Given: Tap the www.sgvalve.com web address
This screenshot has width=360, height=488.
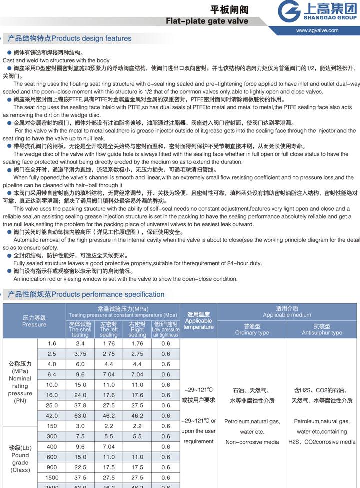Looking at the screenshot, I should [x=317, y=30].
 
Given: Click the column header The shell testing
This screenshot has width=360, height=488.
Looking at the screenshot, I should [x=80, y=330].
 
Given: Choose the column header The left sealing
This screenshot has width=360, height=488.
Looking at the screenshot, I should [x=108, y=330].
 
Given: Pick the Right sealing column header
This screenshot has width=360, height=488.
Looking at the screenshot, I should [x=137, y=330].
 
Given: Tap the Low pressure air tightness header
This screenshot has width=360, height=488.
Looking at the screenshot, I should [x=165, y=330].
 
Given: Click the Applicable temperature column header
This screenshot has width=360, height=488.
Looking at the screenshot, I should [x=198, y=321].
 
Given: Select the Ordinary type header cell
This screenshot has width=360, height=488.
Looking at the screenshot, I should [x=252, y=330].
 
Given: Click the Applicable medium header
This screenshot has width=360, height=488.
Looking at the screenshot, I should [x=287, y=312].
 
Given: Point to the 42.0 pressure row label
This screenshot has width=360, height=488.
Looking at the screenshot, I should [x=52, y=415].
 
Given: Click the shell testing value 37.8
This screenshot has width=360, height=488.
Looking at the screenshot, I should [x=80, y=405].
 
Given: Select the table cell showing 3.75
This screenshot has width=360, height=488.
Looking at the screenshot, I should [x=80, y=354].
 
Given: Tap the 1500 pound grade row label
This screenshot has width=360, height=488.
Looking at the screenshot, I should [x=52, y=478].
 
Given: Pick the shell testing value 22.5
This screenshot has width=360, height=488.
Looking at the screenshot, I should [x=80, y=467].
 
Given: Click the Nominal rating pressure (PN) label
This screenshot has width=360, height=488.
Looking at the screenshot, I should [x=20, y=382].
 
